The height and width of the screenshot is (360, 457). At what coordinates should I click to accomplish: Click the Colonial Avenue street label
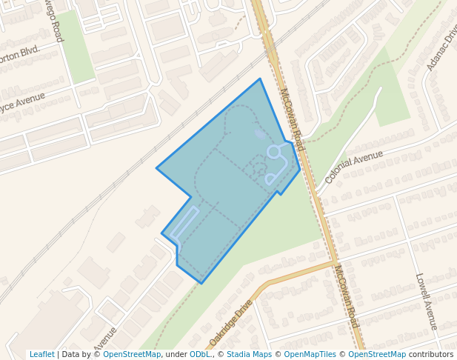tap(353, 167)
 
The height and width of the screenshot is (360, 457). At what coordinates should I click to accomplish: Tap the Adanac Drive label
tap(442, 50)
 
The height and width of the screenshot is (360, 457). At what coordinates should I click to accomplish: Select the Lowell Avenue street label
tap(427, 301)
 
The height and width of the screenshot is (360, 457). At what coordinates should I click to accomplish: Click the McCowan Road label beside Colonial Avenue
tap(292, 119)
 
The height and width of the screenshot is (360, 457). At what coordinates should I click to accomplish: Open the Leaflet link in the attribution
tap(41, 354)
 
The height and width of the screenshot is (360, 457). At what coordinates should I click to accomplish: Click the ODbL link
tap(201, 354)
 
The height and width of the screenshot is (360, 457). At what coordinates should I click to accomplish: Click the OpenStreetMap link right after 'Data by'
tap(132, 354)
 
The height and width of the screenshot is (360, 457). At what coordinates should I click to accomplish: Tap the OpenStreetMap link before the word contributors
tap(377, 354)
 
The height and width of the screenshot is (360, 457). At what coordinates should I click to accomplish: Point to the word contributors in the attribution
tap(431, 354)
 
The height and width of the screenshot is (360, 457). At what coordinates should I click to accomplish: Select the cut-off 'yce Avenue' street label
tap(22, 103)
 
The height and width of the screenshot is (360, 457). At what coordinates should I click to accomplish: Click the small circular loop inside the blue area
tap(273, 152)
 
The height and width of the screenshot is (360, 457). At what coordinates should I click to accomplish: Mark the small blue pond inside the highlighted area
tap(260, 135)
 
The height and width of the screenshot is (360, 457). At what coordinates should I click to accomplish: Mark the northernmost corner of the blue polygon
tap(260, 79)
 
